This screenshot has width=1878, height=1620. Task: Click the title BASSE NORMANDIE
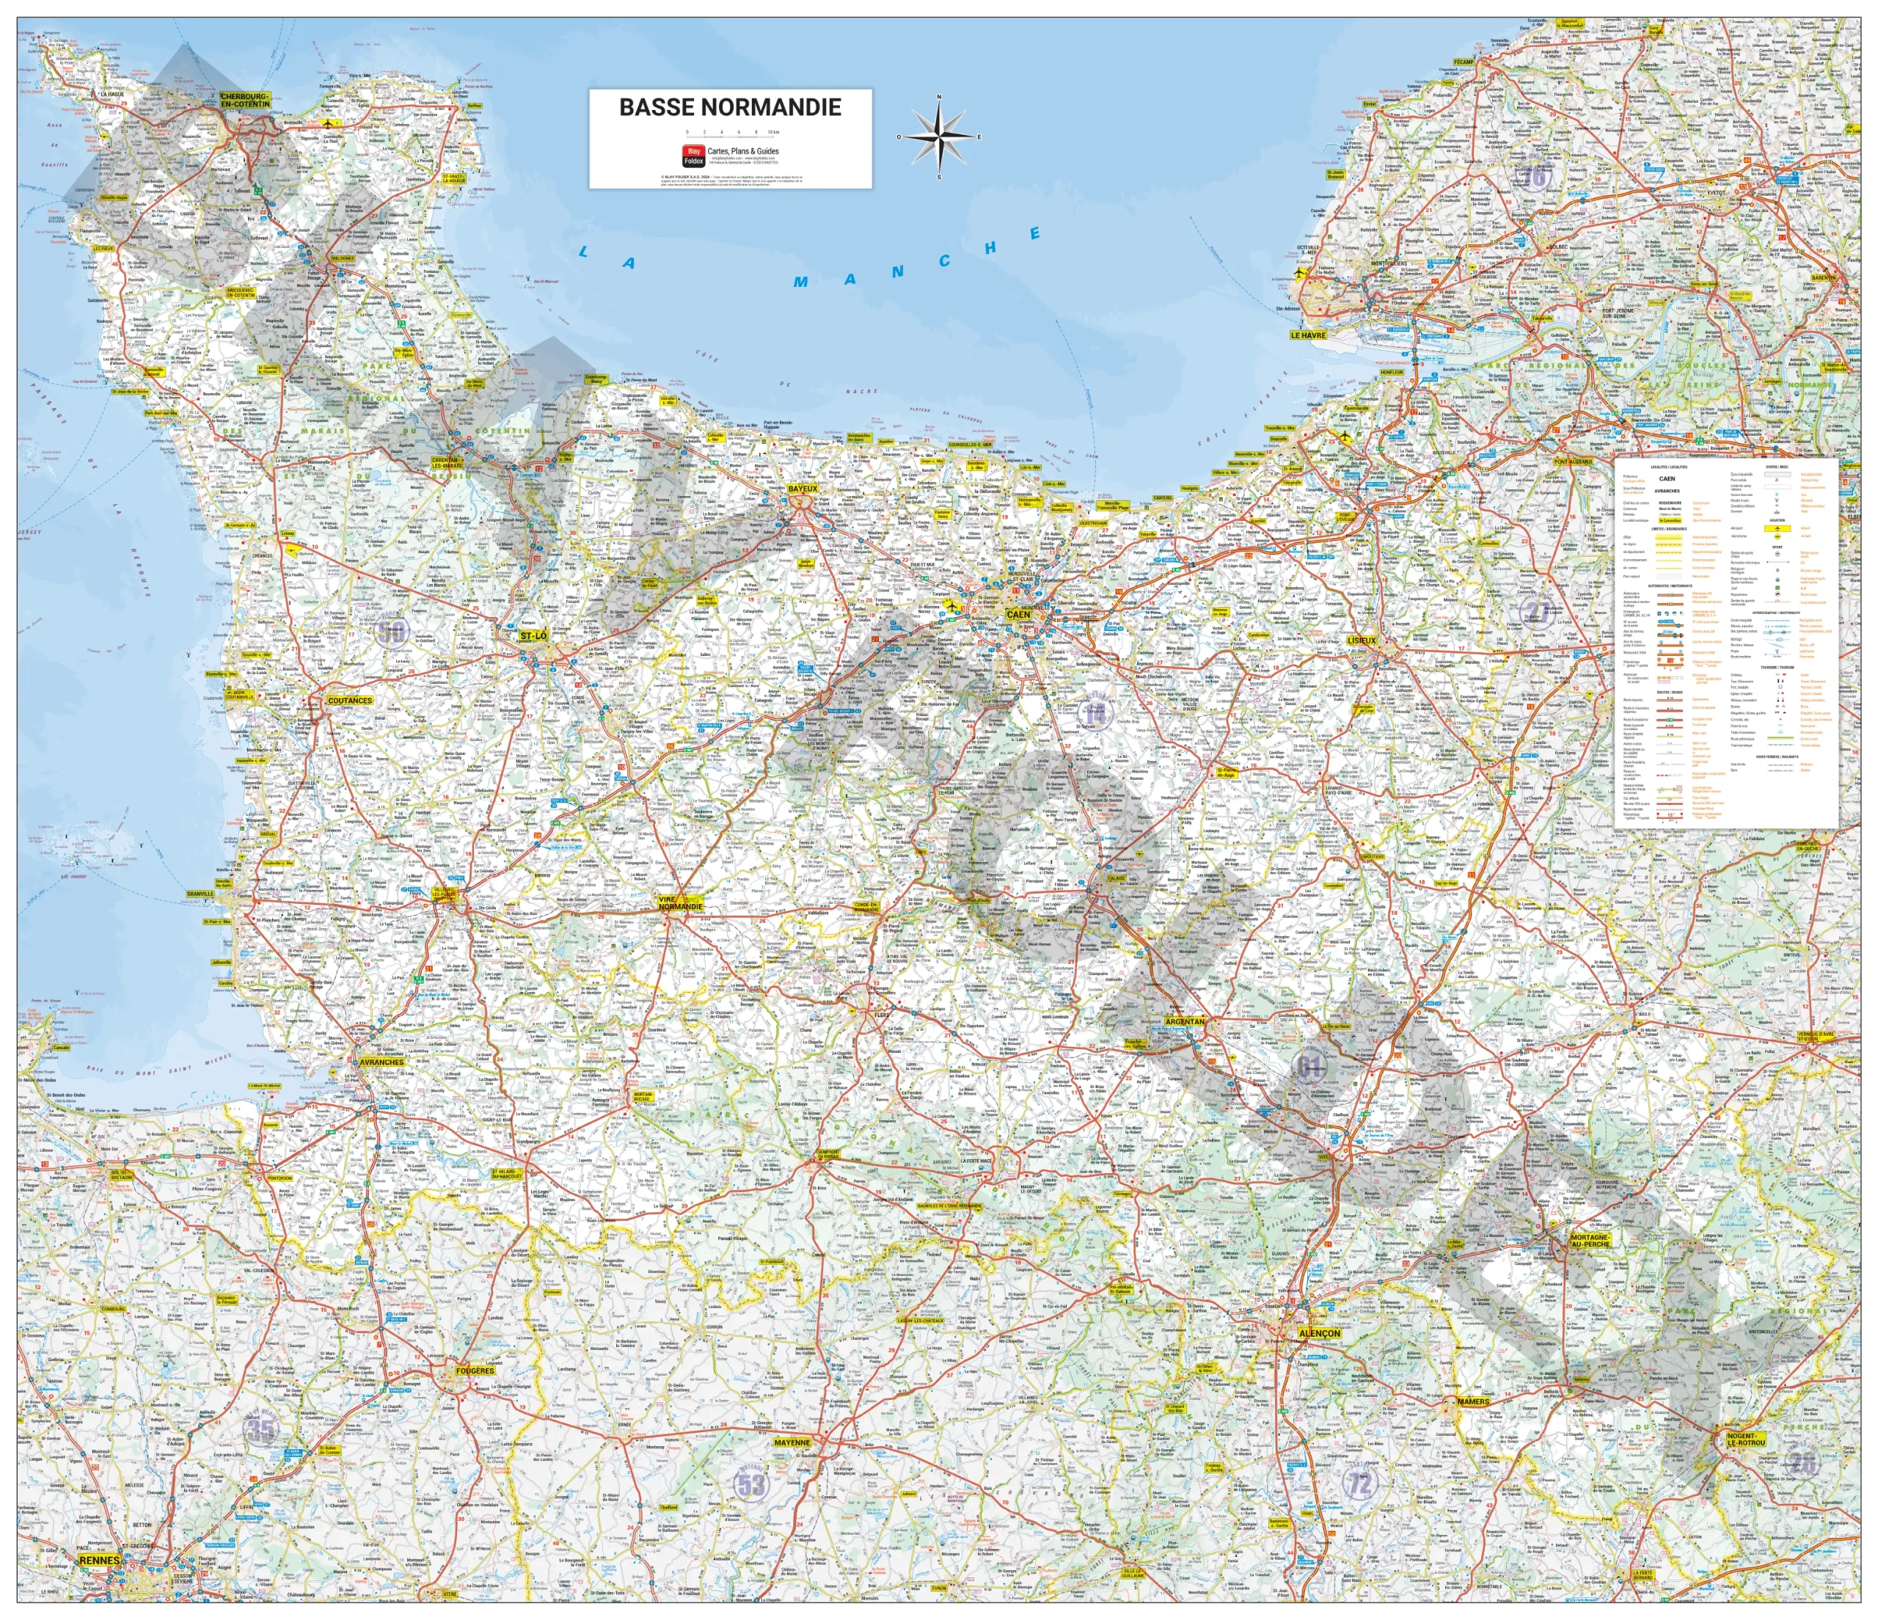pyautogui.click(x=730, y=107)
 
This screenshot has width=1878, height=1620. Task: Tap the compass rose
pyautogui.click(x=939, y=137)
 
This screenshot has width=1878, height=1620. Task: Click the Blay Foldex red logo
pyautogui.click(x=693, y=155)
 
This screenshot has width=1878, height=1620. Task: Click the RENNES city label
pyautogui.click(x=100, y=1560)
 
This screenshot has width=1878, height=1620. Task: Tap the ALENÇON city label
pyautogui.click(x=1319, y=1334)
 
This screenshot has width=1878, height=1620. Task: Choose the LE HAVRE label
pyautogui.click(x=1308, y=335)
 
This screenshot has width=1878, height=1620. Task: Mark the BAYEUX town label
pyautogui.click(x=802, y=489)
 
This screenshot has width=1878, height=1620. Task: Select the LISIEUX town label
pyautogui.click(x=1362, y=640)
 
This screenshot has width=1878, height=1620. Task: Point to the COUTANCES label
pyautogui.click(x=350, y=700)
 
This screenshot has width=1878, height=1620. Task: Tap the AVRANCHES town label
pyautogui.click(x=381, y=1062)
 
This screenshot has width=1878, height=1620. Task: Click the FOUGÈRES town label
pyautogui.click(x=475, y=1371)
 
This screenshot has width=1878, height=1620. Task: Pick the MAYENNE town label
pyautogui.click(x=792, y=1442)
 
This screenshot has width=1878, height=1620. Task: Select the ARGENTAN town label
pyautogui.click(x=1185, y=1022)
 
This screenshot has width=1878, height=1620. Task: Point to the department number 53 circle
pyautogui.click(x=750, y=1484)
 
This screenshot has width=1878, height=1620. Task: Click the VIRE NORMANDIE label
pyautogui.click(x=680, y=903)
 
